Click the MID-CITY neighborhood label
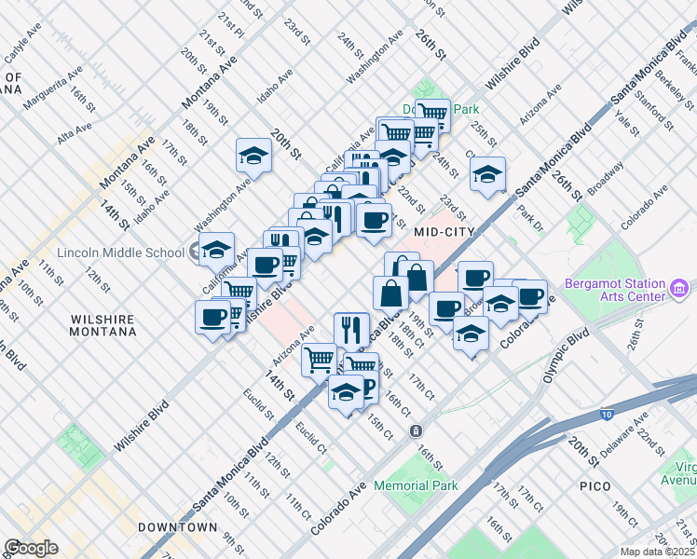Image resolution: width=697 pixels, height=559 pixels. pyautogui.click(x=444, y=231)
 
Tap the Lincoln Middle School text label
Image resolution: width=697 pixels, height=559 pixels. pyautogui.click(x=120, y=252)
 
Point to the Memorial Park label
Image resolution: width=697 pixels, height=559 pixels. pyautogui.click(x=416, y=485)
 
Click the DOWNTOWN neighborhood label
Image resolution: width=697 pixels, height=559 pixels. pyautogui.click(x=177, y=527)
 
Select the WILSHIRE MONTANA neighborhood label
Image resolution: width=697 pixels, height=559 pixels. pyautogui.click(x=102, y=325)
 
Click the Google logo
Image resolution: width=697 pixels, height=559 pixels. pyautogui.click(x=31, y=548)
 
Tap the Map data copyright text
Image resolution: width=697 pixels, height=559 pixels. pyautogui.click(x=658, y=552)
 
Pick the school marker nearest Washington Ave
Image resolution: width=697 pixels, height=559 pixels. pyautogui.click(x=253, y=156)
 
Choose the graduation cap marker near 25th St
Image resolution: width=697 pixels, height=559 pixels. pyautogui.click(x=487, y=173)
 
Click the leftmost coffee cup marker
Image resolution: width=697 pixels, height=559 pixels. pyautogui.click(x=212, y=317)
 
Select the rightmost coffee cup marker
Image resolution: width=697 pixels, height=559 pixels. pyautogui.click(x=530, y=295)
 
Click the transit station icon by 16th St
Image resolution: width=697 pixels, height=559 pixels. pyautogui.click(x=416, y=431)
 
